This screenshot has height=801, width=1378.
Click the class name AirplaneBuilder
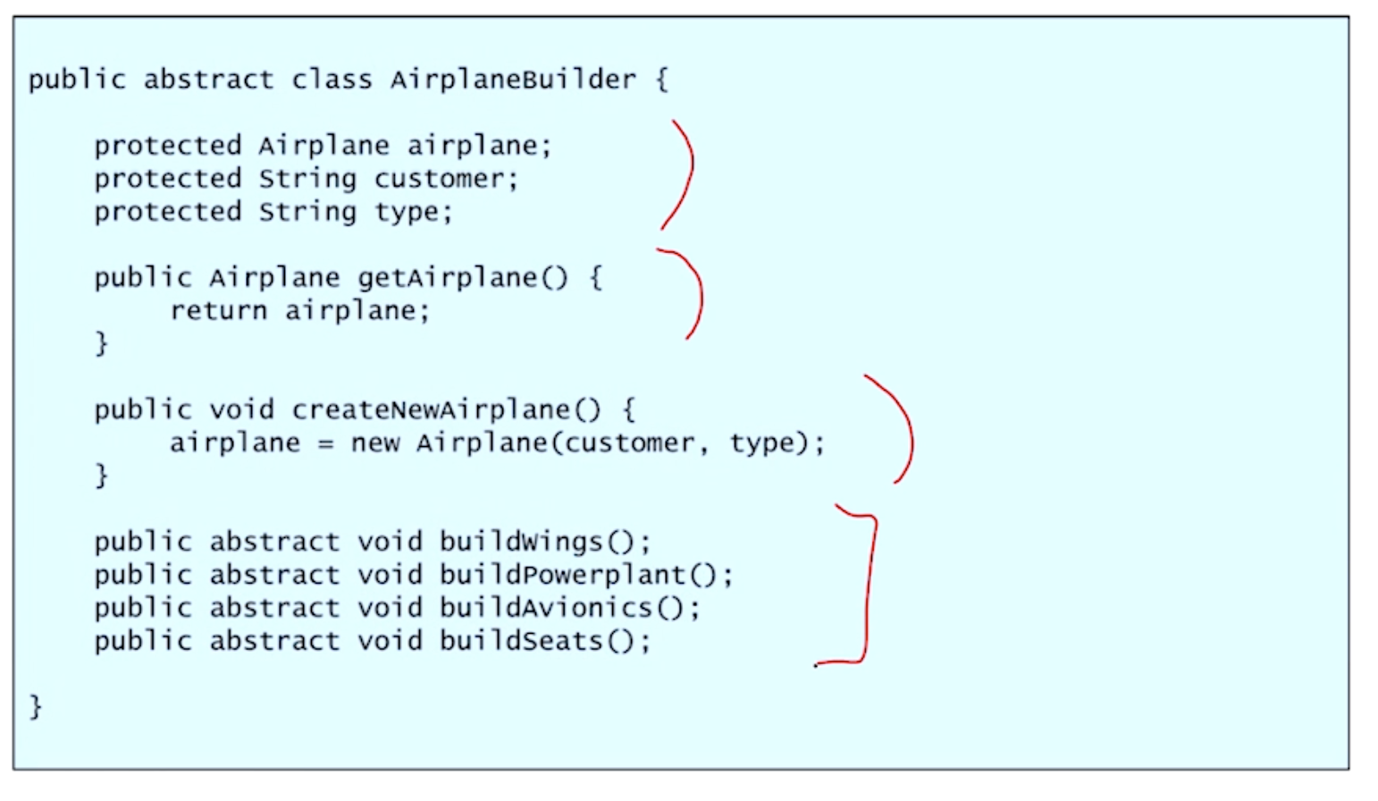coord(513,80)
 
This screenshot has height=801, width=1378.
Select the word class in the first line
coord(332,80)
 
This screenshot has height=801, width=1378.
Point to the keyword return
coord(218,311)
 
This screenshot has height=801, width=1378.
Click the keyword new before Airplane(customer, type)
coord(374,443)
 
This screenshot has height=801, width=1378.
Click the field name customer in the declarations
coord(440,179)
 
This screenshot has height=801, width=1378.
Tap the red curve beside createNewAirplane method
coord(906,429)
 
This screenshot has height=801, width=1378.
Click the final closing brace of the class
coord(36,707)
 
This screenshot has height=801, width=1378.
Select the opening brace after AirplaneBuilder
coord(662,80)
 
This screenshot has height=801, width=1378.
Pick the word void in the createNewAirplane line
coord(241,410)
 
